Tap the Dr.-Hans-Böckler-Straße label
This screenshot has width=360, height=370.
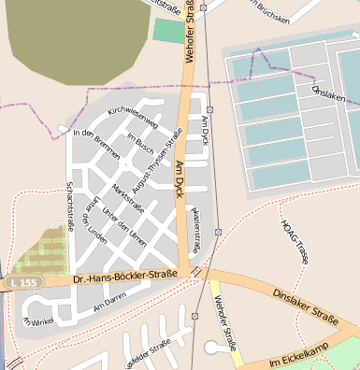click(124, 276)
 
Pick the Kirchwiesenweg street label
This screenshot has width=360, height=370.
click(134, 119)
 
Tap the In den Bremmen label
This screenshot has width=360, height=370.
click(96, 143)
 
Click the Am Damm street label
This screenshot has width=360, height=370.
click(109, 301)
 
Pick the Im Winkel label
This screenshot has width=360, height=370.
click(38, 322)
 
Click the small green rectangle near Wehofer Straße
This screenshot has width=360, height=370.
click(169, 31)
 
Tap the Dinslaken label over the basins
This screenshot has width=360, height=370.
click(328, 96)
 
